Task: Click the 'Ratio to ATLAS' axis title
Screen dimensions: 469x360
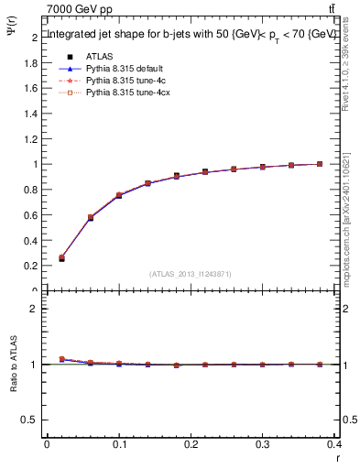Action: pyautogui.click(x=14, y=388)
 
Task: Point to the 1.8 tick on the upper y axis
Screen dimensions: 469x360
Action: pyautogui.click(x=33, y=63)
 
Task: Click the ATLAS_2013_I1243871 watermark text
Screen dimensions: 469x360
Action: pyautogui.click(x=191, y=274)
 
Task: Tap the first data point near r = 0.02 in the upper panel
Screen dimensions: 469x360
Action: pyautogui.click(x=61, y=258)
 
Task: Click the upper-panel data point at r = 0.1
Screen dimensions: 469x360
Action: pyautogui.click(x=119, y=195)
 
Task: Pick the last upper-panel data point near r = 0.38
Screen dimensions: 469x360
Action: pyautogui.click(x=320, y=164)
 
